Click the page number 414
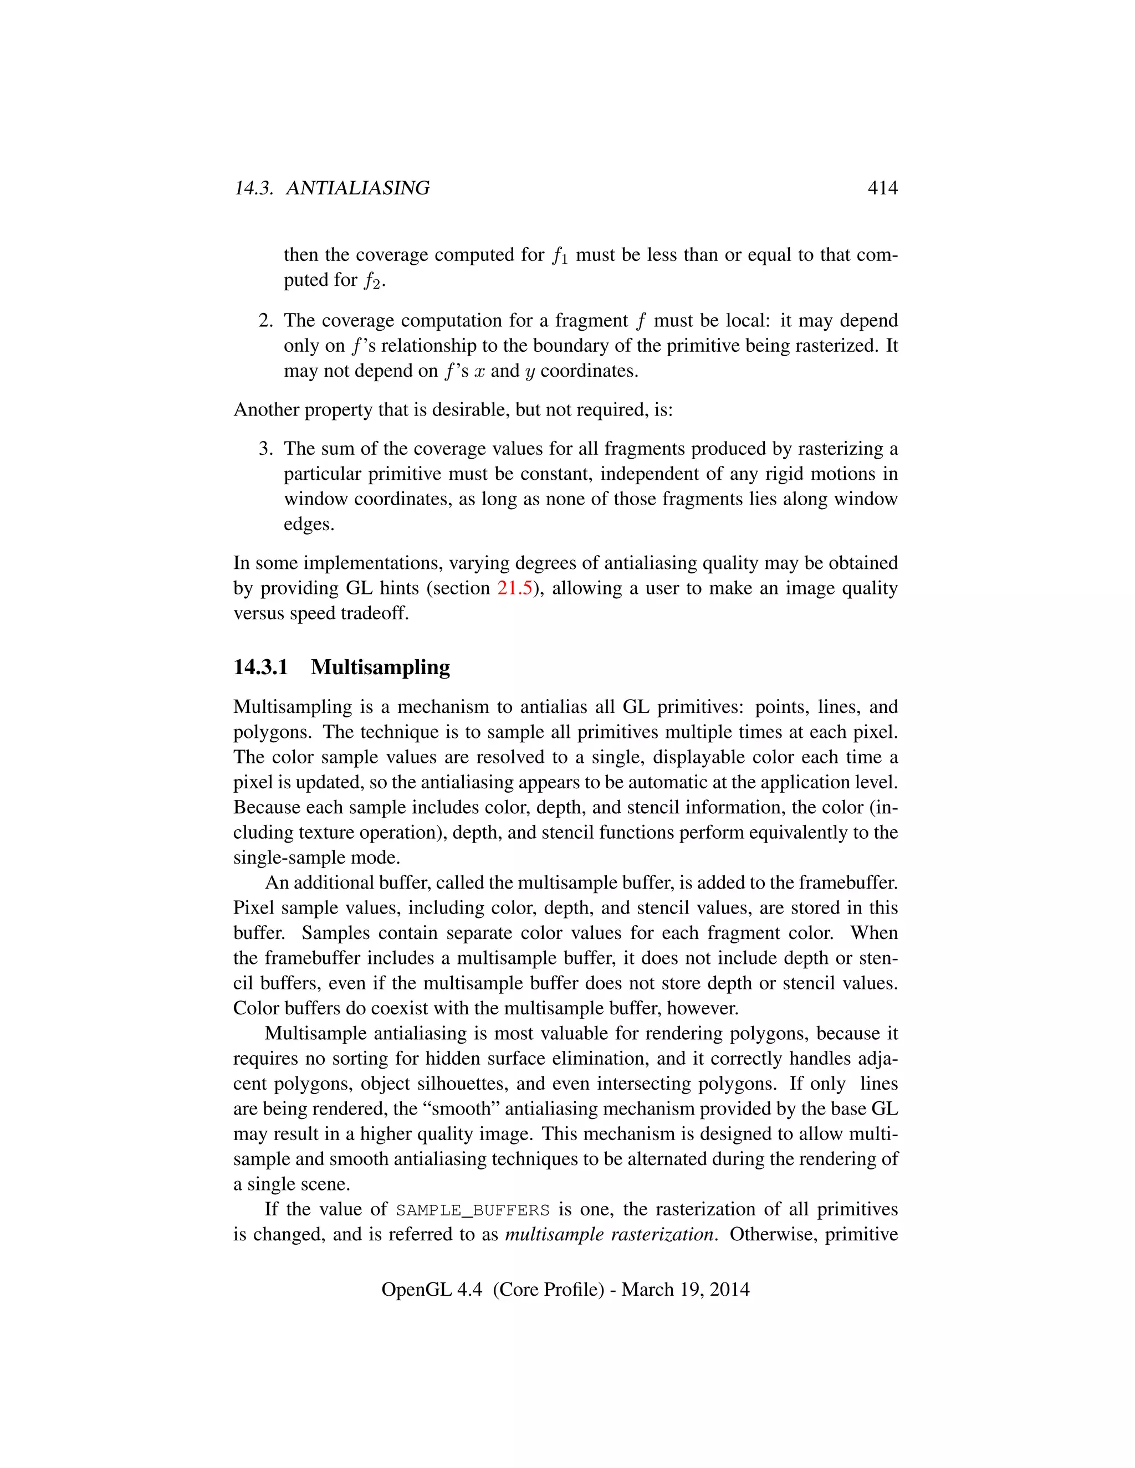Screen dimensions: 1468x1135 tap(882, 188)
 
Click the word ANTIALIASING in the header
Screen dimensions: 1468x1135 tap(357, 188)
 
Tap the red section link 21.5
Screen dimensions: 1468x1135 tap(514, 588)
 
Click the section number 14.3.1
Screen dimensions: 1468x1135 tap(261, 668)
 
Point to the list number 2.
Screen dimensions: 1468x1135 tap(265, 321)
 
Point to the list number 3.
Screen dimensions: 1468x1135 tap(265, 449)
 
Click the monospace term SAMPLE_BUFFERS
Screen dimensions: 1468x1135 tap(473, 1210)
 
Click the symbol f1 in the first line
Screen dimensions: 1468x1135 tap(559, 256)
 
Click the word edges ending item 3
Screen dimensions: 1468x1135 tap(309, 524)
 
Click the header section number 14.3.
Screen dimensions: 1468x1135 tap(253, 188)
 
